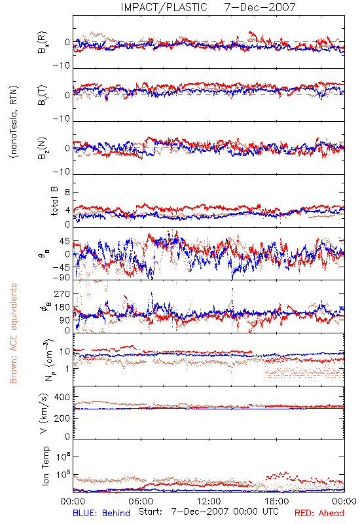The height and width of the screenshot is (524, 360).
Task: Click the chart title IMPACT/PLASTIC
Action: pyautogui.click(x=164, y=7)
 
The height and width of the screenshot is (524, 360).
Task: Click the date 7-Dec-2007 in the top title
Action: pyautogui.click(x=260, y=7)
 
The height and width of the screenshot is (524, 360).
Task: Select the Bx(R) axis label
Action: pyautogui.click(x=43, y=43)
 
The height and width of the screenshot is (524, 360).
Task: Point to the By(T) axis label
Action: pyautogui.click(x=43, y=95)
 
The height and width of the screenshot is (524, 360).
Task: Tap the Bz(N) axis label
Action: pyautogui.click(x=43, y=148)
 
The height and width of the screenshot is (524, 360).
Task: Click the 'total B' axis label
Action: pyautogui.click(x=54, y=201)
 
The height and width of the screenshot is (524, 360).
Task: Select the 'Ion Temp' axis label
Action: pyautogui.click(x=45, y=466)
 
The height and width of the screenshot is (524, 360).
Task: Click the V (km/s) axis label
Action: pyautogui.click(x=44, y=413)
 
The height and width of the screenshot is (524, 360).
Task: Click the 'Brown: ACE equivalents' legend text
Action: pyautogui.click(x=13, y=333)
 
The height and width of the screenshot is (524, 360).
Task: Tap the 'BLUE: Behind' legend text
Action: pyautogui.click(x=101, y=513)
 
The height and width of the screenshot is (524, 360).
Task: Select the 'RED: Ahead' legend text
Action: pyautogui.click(x=319, y=513)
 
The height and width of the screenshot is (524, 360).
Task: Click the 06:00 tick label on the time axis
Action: pyautogui.click(x=141, y=501)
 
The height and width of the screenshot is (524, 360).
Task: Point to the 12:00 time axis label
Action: pyautogui.click(x=209, y=501)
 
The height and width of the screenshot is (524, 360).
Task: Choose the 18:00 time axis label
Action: pyautogui.click(x=277, y=501)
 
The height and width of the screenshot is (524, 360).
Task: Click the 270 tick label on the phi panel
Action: pyautogui.click(x=62, y=293)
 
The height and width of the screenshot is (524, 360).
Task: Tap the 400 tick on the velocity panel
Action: pyautogui.click(x=62, y=397)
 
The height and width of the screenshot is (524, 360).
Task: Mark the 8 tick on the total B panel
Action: pyautogui.click(x=67, y=193)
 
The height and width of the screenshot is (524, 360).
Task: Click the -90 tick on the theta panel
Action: pyautogui.click(x=61, y=278)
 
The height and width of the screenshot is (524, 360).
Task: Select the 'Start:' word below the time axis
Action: pyautogui.click(x=151, y=512)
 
